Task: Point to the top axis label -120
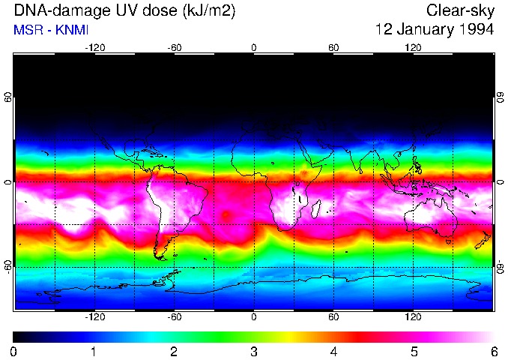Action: click(x=94, y=47)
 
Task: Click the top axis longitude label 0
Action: click(x=254, y=47)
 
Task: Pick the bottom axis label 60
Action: click(x=333, y=317)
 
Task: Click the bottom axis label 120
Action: click(x=413, y=317)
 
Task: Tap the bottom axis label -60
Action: click(x=174, y=317)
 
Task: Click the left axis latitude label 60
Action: click(x=8, y=97)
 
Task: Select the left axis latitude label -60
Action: click(x=8, y=267)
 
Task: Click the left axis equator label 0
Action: click(x=8, y=182)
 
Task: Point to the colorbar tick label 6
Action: click(x=494, y=352)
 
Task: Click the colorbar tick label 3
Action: click(x=254, y=352)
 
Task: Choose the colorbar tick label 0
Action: click(x=14, y=352)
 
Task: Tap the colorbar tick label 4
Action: click(x=334, y=352)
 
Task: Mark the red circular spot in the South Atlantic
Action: click(x=226, y=215)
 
